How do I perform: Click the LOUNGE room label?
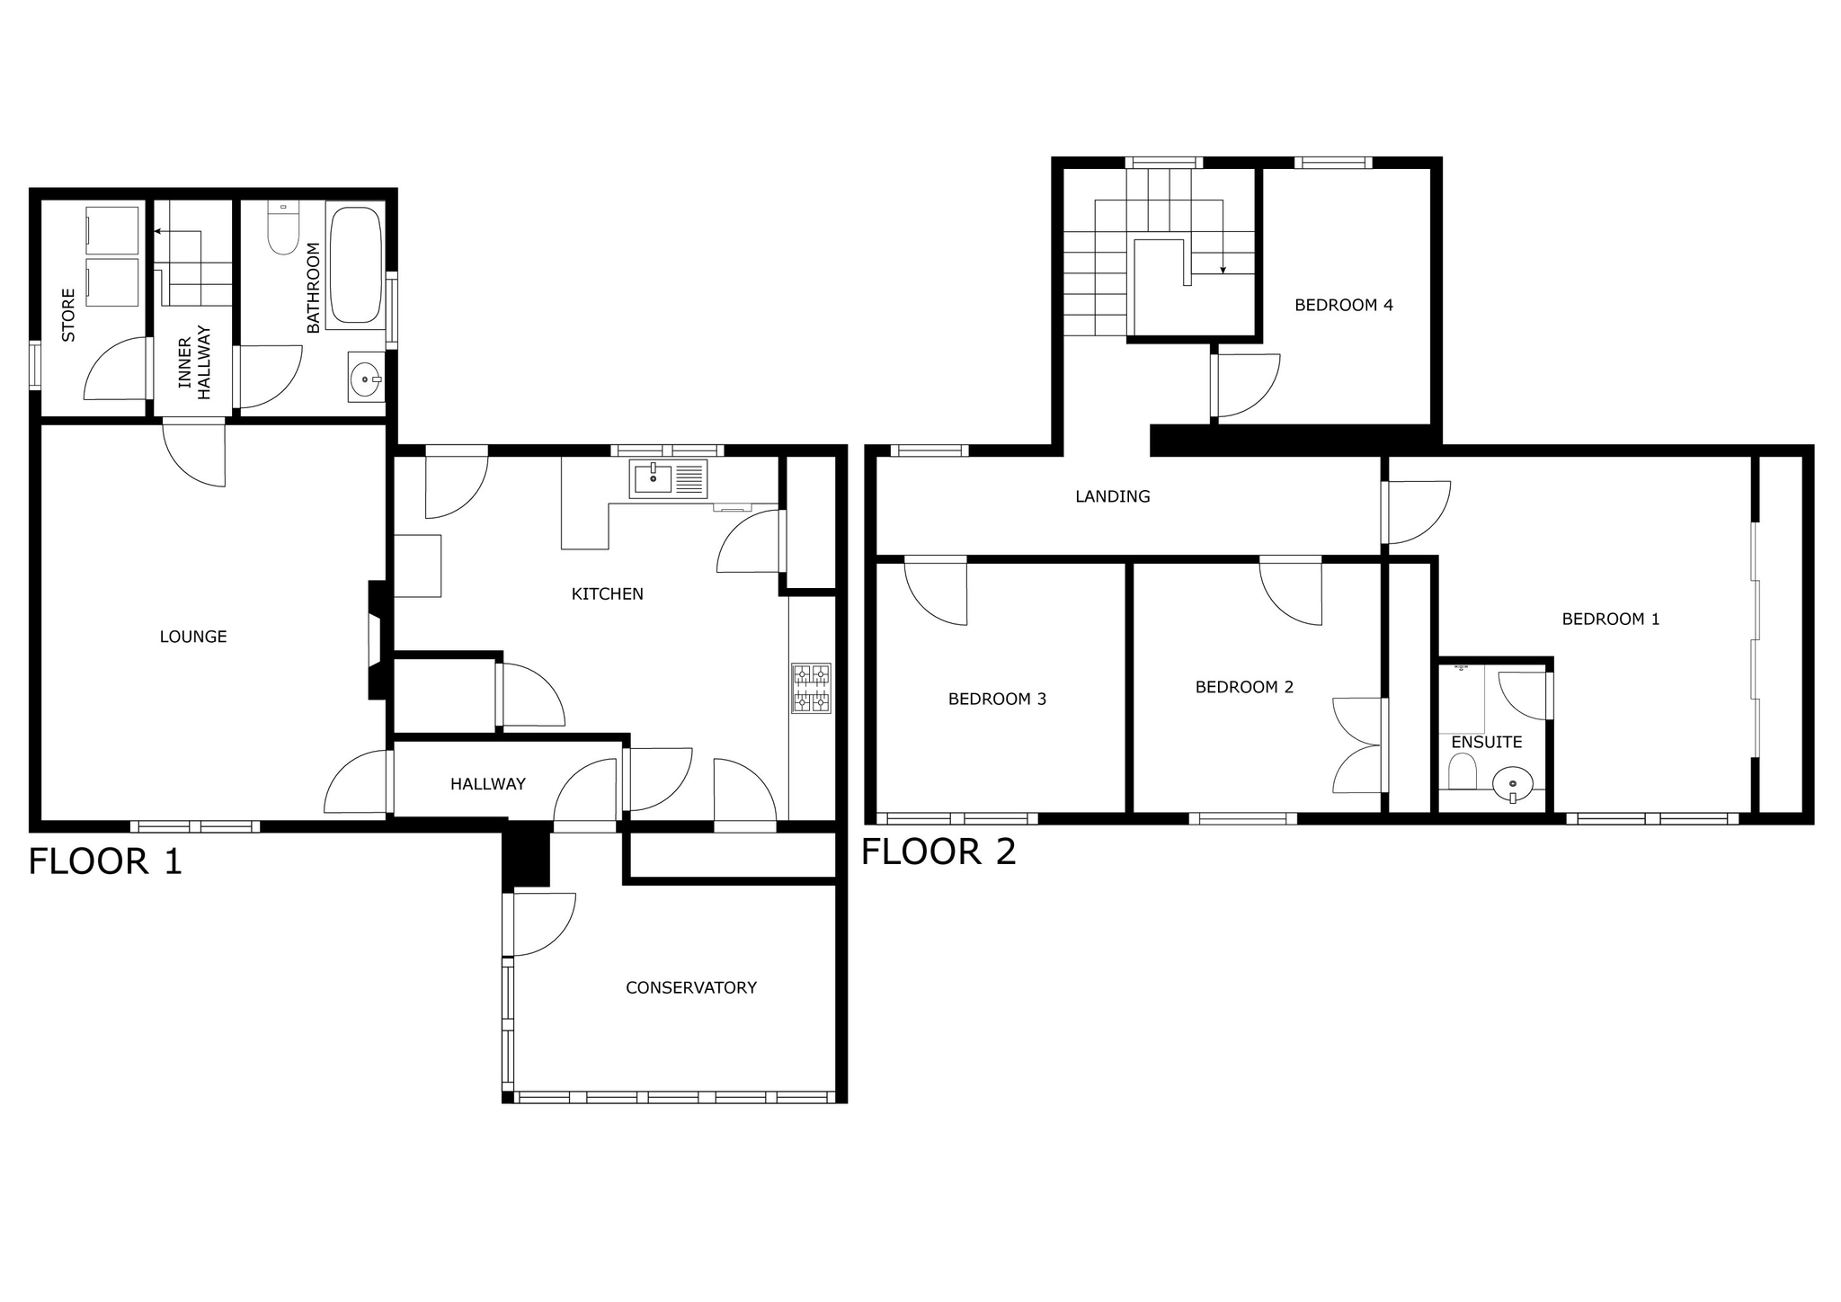(193, 637)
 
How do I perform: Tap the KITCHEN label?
(608, 593)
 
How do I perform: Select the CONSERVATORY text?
(691, 987)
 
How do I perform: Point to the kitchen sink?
(670, 478)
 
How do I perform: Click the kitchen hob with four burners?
(811, 688)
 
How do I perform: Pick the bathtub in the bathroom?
(355, 264)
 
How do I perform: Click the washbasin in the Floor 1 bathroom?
(366, 377)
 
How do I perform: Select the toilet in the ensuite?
(1463, 771)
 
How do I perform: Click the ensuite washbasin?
(1513, 783)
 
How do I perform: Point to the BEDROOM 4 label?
(1344, 305)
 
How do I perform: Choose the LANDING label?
(1113, 496)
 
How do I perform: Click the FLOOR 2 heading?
(938, 852)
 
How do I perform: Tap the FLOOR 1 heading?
(105, 861)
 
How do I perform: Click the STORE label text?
(68, 315)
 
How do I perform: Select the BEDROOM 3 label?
(998, 699)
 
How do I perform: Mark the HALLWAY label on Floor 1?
(488, 784)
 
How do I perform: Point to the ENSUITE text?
(1487, 742)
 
